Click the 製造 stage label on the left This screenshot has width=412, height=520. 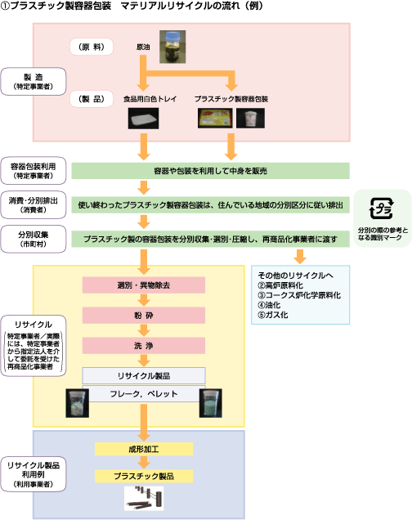33,80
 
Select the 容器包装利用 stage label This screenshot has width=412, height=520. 33,169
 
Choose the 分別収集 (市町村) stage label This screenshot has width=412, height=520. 33,238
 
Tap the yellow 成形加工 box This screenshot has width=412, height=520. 144,449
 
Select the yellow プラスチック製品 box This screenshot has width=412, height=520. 144,475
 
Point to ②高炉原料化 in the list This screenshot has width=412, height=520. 283,285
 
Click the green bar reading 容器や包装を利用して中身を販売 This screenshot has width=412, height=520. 210,171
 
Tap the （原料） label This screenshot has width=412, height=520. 86,47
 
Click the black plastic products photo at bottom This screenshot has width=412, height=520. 144,497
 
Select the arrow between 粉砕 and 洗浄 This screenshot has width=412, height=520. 144,330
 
